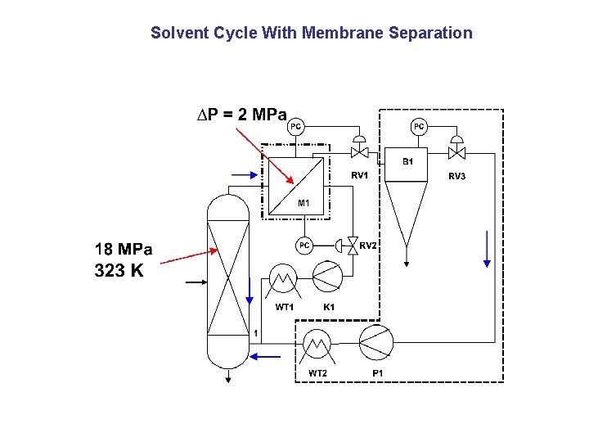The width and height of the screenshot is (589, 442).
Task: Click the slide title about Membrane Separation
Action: (311, 34)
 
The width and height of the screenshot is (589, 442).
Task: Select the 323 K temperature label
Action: (119, 271)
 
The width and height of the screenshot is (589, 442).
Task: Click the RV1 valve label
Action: (360, 175)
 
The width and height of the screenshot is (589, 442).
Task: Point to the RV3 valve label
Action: (456, 176)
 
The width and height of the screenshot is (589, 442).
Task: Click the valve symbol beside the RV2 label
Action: (353, 245)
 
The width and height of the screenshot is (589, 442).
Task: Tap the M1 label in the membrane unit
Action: (303, 202)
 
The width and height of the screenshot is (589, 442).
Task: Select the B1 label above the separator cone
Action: (407, 161)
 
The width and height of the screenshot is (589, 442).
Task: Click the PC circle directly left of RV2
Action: (303, 245)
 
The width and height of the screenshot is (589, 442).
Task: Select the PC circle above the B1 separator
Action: (418, 126)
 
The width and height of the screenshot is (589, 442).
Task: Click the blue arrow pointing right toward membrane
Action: (244, 174)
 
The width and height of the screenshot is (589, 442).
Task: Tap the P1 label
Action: (377, 373)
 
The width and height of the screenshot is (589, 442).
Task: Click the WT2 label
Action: (317, 373)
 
